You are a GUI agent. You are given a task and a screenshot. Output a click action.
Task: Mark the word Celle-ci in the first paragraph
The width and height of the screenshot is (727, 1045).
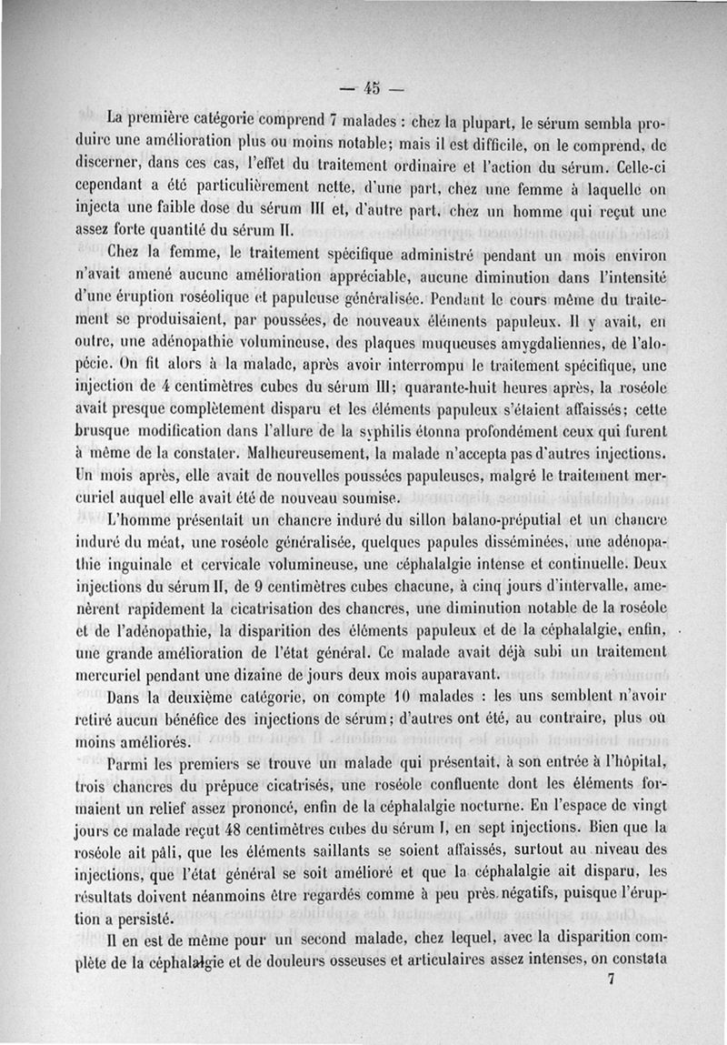click(622, 167)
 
